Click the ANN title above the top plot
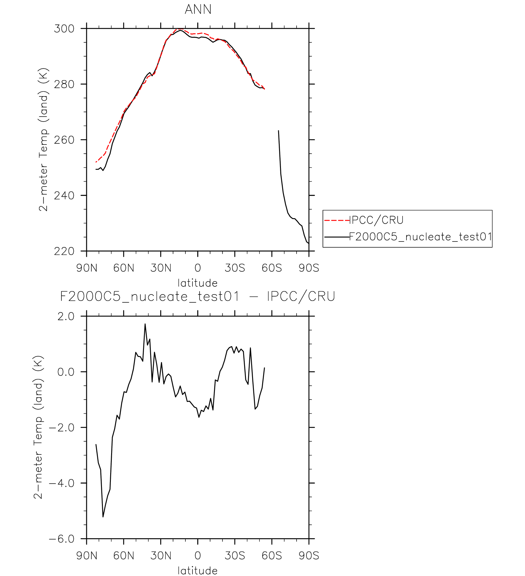198,9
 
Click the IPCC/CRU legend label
376,220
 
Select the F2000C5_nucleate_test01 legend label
420,237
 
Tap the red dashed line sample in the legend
336,220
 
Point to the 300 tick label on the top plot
64,29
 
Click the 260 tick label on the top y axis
64,140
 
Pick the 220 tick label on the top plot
64,251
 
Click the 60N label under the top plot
124,268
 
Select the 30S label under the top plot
235,268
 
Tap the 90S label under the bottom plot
309,555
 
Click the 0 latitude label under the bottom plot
198,555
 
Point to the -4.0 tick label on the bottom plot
62,483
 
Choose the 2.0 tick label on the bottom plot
66,316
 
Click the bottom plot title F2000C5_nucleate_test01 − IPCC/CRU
197,296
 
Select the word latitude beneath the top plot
197,283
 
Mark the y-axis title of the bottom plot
38,427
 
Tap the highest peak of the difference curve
145,324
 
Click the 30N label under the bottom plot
161,555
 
